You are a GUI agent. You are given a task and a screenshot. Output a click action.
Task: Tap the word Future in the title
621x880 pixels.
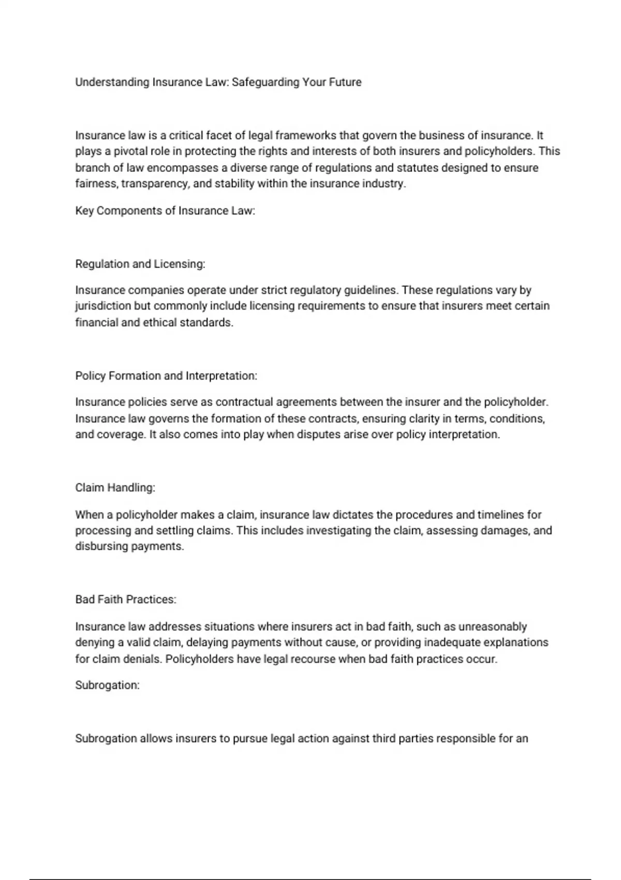pyautogui.click(x=345, y=82)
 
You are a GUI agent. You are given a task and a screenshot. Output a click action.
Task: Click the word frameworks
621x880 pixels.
pyautogui.click(x=306, y=136)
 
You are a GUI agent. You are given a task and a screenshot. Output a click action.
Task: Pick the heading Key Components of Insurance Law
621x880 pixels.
pyautogui.click(x=165, y=211)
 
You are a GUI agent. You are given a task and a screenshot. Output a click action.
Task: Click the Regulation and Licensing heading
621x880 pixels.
pyautogui.click(x=140, y=264)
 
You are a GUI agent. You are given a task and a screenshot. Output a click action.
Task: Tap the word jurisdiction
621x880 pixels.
pyautogui.click(x=103, y=306)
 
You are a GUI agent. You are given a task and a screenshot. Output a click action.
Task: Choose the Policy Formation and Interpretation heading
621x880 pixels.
pyautogui.click(x=166, y=376)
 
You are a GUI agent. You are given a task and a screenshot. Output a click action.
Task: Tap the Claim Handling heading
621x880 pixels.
pyautogui.click(x=115, y=488)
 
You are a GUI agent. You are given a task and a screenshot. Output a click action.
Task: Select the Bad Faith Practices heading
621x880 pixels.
pyautogui.click(x=126, y=599)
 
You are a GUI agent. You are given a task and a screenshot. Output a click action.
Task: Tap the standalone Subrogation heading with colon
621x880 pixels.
pyautogui.click(x=107, y=685)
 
